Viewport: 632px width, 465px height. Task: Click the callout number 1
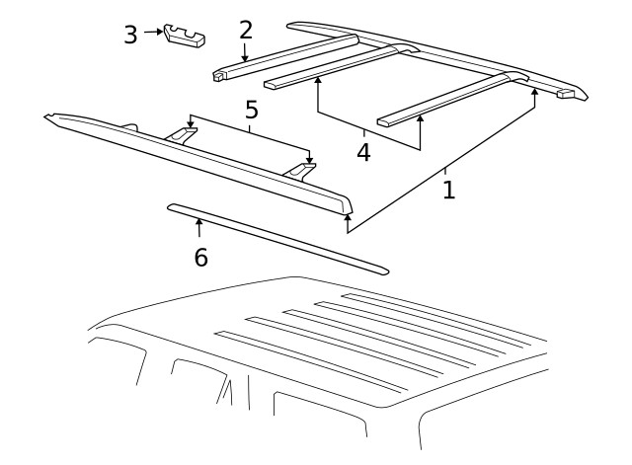pos(448,189)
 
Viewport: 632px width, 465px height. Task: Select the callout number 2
pos(246,30)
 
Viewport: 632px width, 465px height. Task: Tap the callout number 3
pos(130,35)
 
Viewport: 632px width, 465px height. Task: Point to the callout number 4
pos(363,153)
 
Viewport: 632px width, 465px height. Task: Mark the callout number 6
pos(200,257)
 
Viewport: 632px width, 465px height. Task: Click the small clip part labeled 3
pos(185,35)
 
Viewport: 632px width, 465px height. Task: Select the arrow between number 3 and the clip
pos(153,32)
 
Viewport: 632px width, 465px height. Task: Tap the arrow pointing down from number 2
pos(245,53)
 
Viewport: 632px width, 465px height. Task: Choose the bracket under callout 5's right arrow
pos(302,171)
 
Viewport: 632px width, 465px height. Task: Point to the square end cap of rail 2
pos(218,74)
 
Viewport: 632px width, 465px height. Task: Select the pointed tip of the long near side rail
pos(49,117)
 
